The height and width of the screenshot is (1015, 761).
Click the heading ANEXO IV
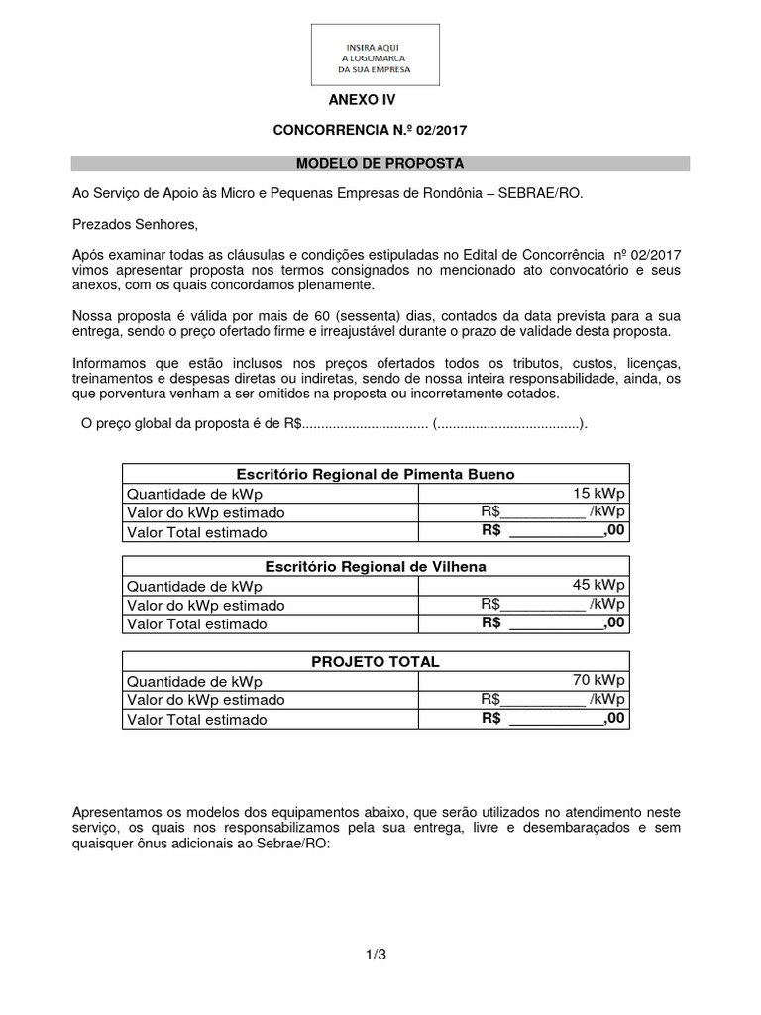pyautogui.click(x=362, y=101)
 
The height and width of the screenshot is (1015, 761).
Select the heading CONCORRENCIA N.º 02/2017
pyautogui.click(x=370, y=131)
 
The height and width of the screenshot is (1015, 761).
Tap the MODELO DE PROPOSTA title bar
pyautogui.click(x=380, y=163)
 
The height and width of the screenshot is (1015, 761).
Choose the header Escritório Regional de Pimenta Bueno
pyautogui.click(x=375, y=474)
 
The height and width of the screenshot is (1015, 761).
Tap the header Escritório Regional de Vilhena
pyautogui.click(x=376, y=566)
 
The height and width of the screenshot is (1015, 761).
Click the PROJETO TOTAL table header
pyautogui.click(x=375, y=661)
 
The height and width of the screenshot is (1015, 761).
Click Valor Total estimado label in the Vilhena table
pyautogui.click(x=196, y=624)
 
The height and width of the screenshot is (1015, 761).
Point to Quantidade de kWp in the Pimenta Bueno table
pyautogui.click(x=194, y=494)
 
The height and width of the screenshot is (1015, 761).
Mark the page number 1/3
pyautogui.click(x=375, y=955)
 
